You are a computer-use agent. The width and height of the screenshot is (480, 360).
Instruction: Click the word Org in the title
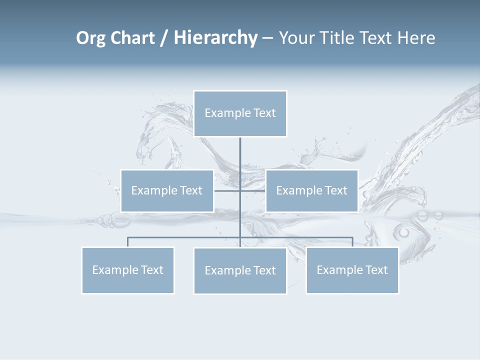pos(90,38)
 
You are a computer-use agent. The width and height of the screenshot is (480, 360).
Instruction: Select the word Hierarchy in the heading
pos(215,38)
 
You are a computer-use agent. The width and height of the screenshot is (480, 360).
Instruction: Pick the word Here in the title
pos(416,38)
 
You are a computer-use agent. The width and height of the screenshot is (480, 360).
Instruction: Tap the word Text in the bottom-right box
pos(376,270)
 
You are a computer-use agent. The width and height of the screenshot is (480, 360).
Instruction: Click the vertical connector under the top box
pos(240,160)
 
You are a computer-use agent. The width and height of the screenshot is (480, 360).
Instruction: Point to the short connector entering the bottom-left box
pos(127,242)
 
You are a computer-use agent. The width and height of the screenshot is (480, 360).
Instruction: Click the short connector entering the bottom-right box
pos(352,242)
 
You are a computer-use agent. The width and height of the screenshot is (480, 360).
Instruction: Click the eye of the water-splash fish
pos(403,232)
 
